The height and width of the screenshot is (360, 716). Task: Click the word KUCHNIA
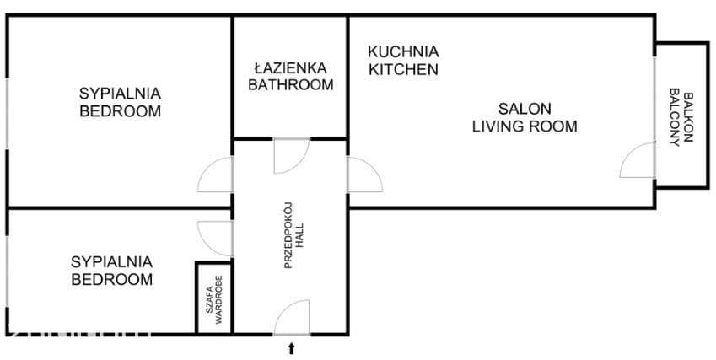tap(403, 51)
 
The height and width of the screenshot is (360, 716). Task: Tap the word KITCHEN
tap(403, 69)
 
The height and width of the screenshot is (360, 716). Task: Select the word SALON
tap(525, 109)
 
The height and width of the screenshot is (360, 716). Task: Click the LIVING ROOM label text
tap(525, 126)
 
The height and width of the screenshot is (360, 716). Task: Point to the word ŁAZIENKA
tap(291, 68)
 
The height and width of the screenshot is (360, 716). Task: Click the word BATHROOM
tap(291, 85)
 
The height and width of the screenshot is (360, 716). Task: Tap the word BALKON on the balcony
tap(689, 117)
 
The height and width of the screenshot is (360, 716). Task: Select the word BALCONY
tap(675, 117)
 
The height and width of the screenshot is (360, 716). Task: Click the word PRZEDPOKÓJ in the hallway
tap(288, 235)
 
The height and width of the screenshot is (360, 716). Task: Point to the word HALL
tap(299, 235)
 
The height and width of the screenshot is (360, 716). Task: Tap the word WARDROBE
tap(218, 300)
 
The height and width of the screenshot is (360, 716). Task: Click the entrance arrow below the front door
tap(291, 349)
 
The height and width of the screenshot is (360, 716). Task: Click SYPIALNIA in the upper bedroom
tap(120, 94)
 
